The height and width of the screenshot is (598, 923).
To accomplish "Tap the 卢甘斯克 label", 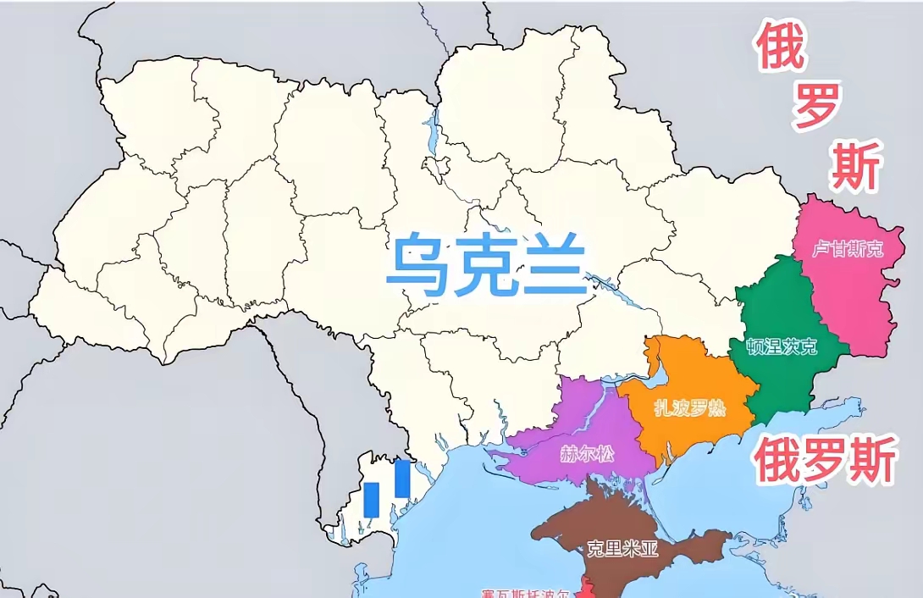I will [x=848, y=249].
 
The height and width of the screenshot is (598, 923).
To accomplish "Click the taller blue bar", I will [x=402, y=479].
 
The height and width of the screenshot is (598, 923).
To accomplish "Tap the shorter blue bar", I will [x=371, y=500].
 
